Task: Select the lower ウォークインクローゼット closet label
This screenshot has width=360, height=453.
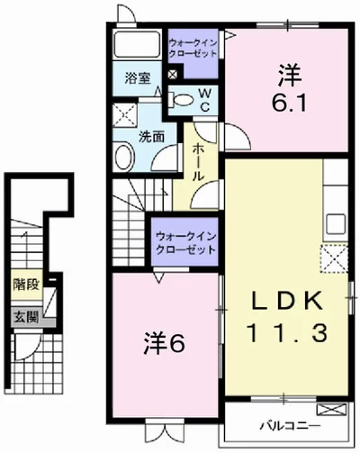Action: click(x=185, y=242)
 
